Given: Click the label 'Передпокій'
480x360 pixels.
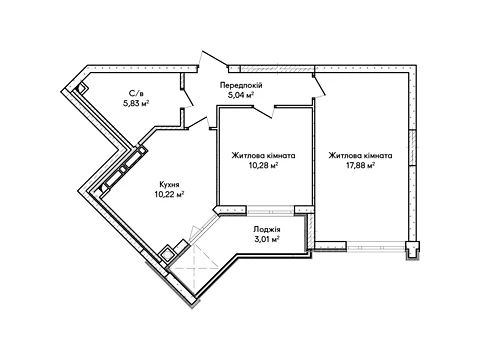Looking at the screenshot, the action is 241,85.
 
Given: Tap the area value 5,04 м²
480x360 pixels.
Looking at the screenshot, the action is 241,95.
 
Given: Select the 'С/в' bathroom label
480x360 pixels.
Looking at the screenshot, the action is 136,93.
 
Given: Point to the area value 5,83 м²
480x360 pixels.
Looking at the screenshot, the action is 136,103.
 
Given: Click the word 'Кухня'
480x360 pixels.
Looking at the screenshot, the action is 169,184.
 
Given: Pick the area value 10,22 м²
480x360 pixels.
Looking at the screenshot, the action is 169,195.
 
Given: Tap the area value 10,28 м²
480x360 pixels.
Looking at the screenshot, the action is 263,165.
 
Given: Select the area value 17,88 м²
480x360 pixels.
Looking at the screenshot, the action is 360,165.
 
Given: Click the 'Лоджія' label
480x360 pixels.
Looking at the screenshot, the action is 267,229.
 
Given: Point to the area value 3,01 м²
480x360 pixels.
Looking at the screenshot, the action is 267,239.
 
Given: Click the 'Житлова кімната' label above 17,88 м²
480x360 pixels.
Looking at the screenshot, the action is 360,155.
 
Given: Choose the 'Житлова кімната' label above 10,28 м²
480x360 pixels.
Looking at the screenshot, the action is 263,155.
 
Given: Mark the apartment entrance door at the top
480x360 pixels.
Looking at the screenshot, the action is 213,61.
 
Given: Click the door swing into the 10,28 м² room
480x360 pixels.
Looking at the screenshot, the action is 264,112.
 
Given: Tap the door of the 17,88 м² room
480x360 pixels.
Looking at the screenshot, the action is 319,86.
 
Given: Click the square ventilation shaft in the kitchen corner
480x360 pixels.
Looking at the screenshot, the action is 167,254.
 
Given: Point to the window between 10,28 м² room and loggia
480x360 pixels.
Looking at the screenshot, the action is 270,211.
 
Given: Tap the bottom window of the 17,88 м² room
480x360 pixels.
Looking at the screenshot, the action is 376,247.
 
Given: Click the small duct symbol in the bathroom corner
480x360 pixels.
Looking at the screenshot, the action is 80,88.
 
